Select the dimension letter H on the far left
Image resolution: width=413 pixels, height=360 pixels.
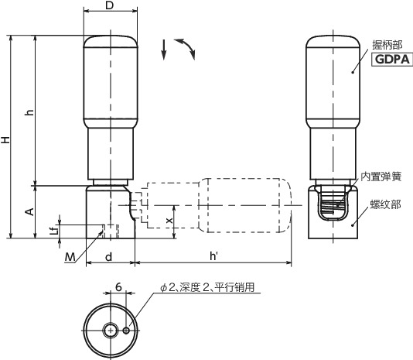point(6,140)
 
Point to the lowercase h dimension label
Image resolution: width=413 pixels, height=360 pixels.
point(29,113)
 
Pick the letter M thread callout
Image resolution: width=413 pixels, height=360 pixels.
point(70,256)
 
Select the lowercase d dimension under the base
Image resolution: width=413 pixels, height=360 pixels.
point(109,256)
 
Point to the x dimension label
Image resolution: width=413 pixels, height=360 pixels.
point(169,221)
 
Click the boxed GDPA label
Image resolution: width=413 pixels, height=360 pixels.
point(393,60)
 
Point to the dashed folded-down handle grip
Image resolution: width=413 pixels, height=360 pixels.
point(243,205)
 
